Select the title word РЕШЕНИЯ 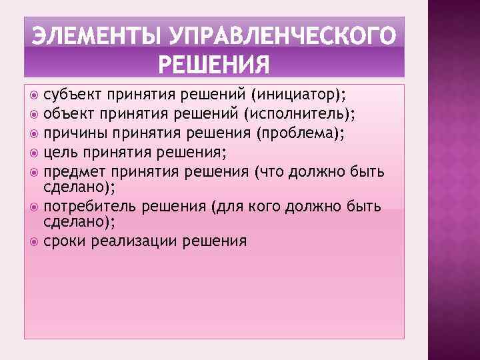213,65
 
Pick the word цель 61,153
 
